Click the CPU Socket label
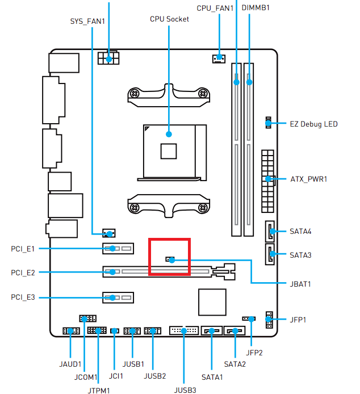click(169, 19)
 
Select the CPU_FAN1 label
click(215, 8)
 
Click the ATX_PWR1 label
click(309, 179)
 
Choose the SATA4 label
click(300, 232)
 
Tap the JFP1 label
click(298, 320)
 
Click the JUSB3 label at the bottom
click(185, 390)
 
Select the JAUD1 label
click(70, 364)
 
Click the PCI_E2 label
click(23, 273)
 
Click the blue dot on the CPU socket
click(169, 135)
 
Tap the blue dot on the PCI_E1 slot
click(112, 249)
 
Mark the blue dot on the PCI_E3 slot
click(112, 297)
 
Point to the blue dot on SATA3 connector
click(273, 254)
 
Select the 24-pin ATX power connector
click(267, 179)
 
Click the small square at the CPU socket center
click(169, 151)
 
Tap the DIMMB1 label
click(256, 8)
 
